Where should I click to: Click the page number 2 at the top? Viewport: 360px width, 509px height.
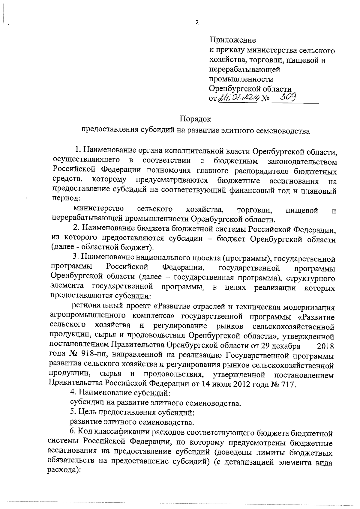tap(197, 22)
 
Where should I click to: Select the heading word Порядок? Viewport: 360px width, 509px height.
tap(195, 119)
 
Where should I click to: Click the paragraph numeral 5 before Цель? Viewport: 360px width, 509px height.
tap(72, 412)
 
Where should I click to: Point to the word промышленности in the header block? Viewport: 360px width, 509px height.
tap(241, 79)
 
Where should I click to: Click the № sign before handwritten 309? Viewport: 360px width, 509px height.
tap(265, 98)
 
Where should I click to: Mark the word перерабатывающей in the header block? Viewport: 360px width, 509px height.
tap(244, 70)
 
